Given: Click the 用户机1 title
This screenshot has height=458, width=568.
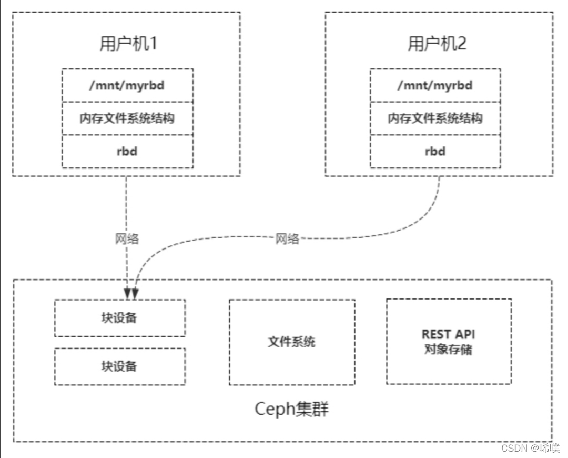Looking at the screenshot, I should point(128,44).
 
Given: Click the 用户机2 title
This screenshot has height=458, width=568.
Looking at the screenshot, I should point(437,44).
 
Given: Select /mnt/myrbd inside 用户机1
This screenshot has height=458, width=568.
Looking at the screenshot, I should point(127,85).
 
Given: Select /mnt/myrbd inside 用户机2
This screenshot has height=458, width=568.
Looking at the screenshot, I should point(435,85).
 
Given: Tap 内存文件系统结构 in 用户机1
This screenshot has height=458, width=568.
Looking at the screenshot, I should point(127,118).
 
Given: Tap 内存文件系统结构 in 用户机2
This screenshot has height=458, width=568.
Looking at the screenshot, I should point(435,118).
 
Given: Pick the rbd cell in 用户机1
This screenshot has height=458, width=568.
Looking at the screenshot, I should point(127,152).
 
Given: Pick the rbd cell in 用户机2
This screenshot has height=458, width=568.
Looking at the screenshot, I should point(435,152).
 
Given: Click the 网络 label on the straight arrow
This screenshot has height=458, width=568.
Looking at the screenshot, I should point(127,238).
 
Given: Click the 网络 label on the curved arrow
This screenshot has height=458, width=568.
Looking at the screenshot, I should point(287,239).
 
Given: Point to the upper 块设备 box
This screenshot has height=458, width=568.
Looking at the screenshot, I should point(120,318).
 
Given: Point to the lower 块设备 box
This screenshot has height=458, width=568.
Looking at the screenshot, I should point(120,366).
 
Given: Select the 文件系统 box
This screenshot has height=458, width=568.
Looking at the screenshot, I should point(292,342).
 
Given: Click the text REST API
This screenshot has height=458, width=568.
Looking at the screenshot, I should point(449,334).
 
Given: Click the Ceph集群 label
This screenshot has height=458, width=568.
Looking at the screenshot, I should point(292,409).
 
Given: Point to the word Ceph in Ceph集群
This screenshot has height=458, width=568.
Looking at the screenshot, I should point(273,409).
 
